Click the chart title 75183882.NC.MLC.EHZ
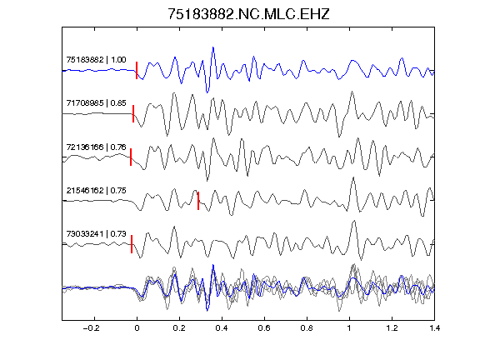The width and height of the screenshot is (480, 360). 248,14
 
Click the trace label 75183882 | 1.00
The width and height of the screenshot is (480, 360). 96,59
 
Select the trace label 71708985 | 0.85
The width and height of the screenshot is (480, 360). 96,102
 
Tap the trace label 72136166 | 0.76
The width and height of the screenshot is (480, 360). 96,147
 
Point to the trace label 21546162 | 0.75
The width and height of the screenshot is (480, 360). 96,190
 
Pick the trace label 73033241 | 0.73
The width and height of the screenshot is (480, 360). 96,234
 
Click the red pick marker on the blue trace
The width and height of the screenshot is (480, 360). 137,70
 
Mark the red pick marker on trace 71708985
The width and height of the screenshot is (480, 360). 133,113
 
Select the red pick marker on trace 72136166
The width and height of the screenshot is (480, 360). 131,157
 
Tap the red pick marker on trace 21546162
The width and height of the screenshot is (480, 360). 198,201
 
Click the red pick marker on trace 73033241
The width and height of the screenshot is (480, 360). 132,244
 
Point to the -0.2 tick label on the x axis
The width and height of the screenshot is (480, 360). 91,328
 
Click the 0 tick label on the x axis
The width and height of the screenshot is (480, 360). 137,328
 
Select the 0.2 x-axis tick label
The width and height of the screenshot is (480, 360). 179,328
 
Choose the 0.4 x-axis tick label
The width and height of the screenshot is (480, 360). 222,328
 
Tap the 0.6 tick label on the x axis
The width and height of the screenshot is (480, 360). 264,328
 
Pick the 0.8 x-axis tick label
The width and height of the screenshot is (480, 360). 307,328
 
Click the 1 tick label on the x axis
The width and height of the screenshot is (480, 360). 349,328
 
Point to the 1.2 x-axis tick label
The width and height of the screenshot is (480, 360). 392,328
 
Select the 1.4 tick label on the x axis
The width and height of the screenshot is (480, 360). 434,328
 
